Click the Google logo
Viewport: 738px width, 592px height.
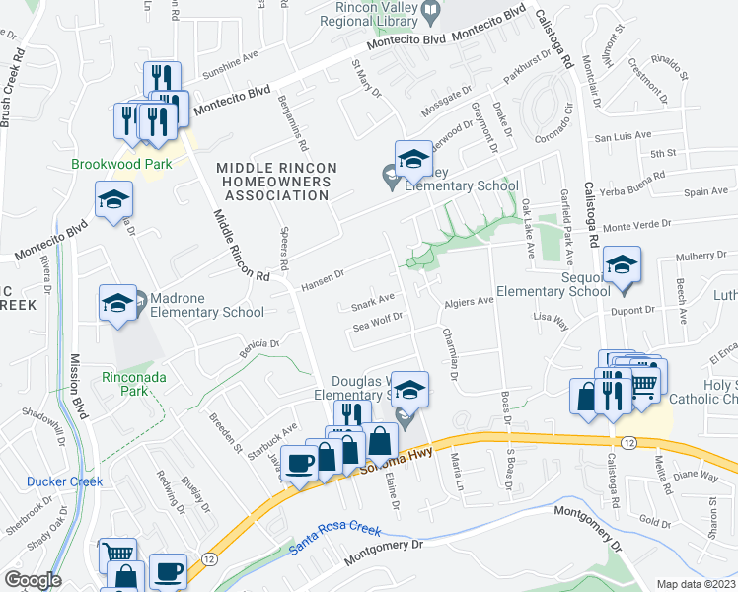coord(33,579)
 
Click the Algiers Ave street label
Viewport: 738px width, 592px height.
coord(469,300)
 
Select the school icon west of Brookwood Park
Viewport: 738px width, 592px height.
coord(113,201)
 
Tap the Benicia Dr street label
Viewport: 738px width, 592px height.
coord(260,347)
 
